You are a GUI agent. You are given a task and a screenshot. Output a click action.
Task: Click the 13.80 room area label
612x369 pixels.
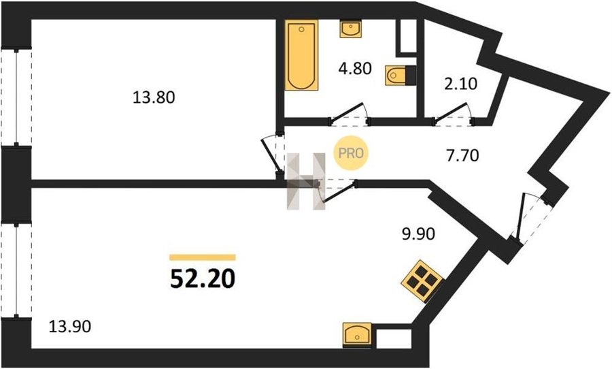(154, 97)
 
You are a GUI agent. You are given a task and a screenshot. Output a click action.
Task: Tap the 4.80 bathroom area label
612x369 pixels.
(354, 69)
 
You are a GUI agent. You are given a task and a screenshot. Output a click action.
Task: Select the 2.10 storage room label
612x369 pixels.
(461, 84)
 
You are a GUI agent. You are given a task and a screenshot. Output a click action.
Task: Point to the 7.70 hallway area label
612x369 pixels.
(462, 156)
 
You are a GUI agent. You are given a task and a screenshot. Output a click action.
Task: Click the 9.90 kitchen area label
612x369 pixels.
(418, 234)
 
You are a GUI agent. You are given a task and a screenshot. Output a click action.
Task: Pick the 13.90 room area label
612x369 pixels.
(70, 326)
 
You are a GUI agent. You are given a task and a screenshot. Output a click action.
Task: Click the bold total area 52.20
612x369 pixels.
(203, 278)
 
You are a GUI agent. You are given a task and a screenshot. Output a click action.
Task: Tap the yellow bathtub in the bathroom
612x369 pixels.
(301, 55)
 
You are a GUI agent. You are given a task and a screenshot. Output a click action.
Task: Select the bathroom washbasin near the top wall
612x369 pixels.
(350, 29)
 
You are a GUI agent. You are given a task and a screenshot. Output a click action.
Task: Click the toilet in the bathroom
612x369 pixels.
(400, 75)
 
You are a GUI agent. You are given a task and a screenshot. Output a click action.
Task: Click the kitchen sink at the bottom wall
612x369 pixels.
(357, 335)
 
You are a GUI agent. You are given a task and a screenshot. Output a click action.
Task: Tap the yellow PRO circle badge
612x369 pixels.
(350, 153)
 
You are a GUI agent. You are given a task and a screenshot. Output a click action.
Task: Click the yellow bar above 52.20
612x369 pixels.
(203, 257)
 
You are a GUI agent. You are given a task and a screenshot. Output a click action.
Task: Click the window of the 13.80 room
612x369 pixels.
(16, 97)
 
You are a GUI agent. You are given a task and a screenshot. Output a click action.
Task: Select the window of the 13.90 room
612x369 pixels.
(16, 270)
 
